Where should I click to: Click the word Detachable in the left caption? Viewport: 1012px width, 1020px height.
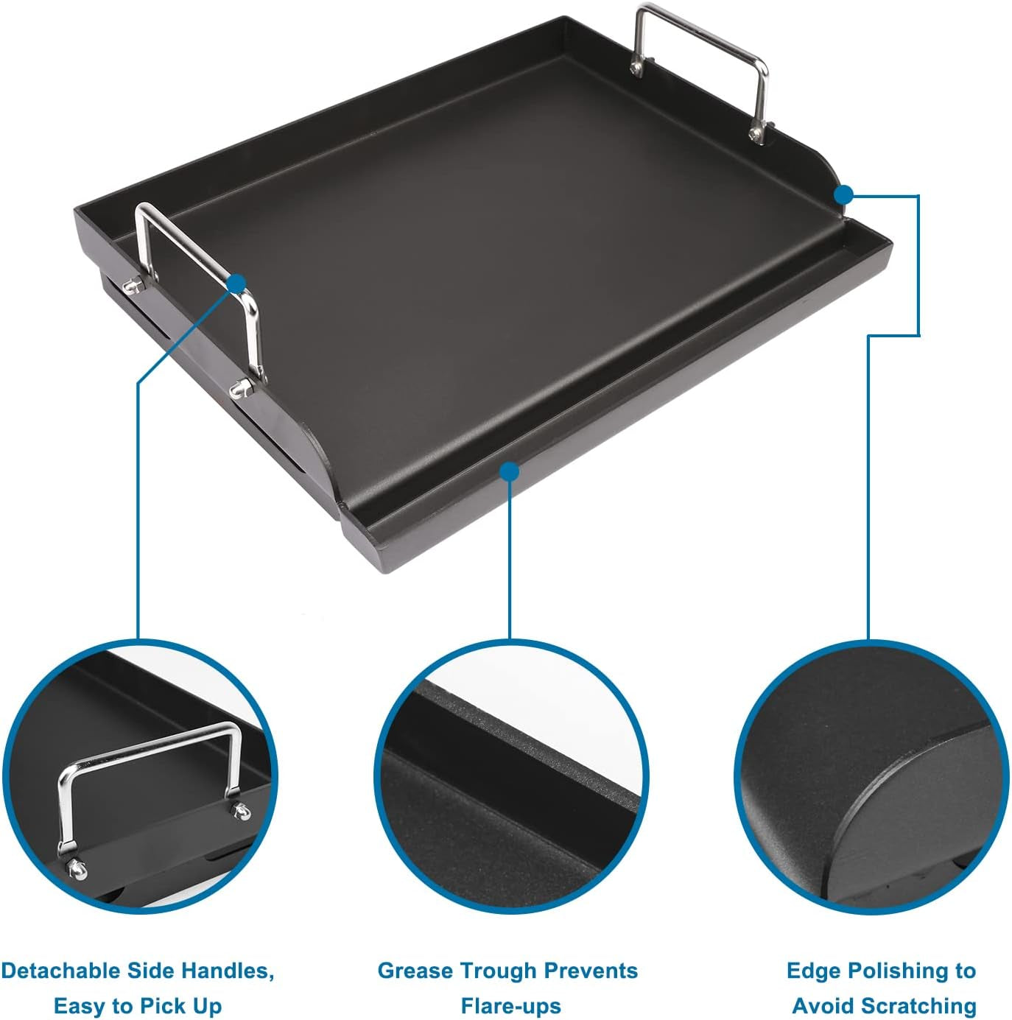click(x=60, y=971)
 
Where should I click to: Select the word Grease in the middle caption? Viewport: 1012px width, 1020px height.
click(x=412, y=971)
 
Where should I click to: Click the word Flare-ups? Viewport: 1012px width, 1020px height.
click(x=510, y=1006)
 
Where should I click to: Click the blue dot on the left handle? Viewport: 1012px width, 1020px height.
click(x=236, y=283)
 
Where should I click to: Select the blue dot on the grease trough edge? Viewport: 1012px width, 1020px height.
click(x=509, y=471)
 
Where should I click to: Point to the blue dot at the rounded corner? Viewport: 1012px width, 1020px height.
click(x=844, y=194)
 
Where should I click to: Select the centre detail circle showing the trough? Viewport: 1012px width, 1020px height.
click(x=510, y=777)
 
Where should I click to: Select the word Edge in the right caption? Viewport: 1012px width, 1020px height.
click(x=809, y=971)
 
